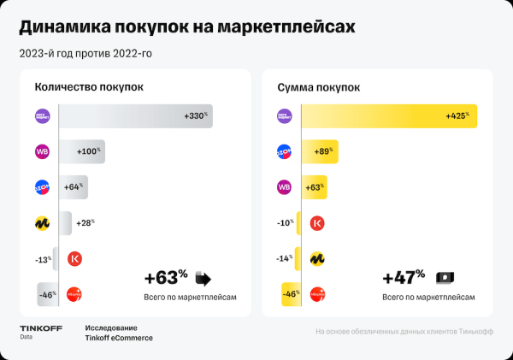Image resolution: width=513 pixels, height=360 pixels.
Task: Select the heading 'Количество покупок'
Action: click(x=89, y=87)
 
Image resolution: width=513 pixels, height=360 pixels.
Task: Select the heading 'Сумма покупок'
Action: click(x=319, y=87)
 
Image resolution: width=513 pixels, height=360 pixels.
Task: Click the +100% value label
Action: click(x=90, y=152)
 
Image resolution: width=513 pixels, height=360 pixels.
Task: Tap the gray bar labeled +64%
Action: click(x=74, y=187)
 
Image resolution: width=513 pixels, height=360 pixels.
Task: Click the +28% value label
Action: click(x=85, y=223)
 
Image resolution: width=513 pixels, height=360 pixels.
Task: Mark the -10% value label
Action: click(x=286, y=223)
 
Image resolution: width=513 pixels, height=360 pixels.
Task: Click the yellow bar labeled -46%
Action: click(x=290, y=294)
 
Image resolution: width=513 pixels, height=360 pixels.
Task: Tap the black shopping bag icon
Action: click(x=203, y=278)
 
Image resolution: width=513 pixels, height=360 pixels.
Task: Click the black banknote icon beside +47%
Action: click(x=445, y=278)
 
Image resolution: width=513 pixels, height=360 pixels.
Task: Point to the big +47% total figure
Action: click(x=404, y=278)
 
